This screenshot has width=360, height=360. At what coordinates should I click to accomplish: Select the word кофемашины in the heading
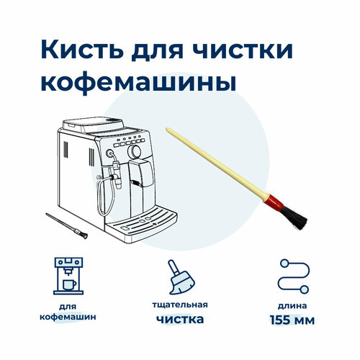(138, 81)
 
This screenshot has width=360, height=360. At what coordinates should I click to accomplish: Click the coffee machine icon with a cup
(68, 276)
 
